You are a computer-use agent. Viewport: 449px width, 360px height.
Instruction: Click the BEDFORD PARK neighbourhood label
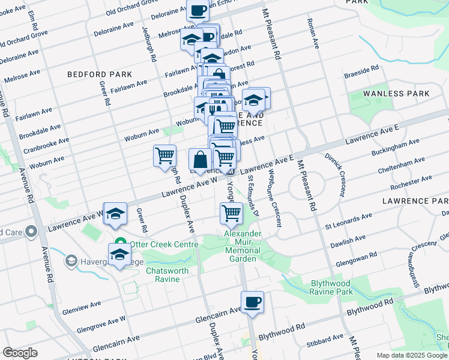[x=91, y=75]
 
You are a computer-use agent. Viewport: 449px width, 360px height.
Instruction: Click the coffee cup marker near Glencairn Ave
[x=252, y=302]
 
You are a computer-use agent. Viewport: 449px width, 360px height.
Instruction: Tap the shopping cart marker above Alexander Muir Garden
[x=231, y=213]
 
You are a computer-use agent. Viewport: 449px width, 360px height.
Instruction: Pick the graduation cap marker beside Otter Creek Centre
[x=119, y=256]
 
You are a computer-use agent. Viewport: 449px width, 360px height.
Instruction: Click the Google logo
[x=20, y=353]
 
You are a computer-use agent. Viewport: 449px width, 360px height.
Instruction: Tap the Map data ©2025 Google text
[x=412, y=355]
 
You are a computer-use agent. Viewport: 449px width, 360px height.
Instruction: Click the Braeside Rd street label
[x=361, y=74]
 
